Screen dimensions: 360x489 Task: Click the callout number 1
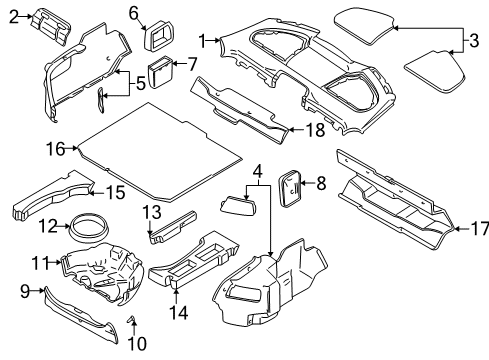click(203, 40)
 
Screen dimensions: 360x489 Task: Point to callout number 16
click(56, 149)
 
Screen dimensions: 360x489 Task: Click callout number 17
click(479, 229)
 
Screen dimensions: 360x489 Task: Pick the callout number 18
click(309, 128)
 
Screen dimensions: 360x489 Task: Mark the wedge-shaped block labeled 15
click(50, 197)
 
